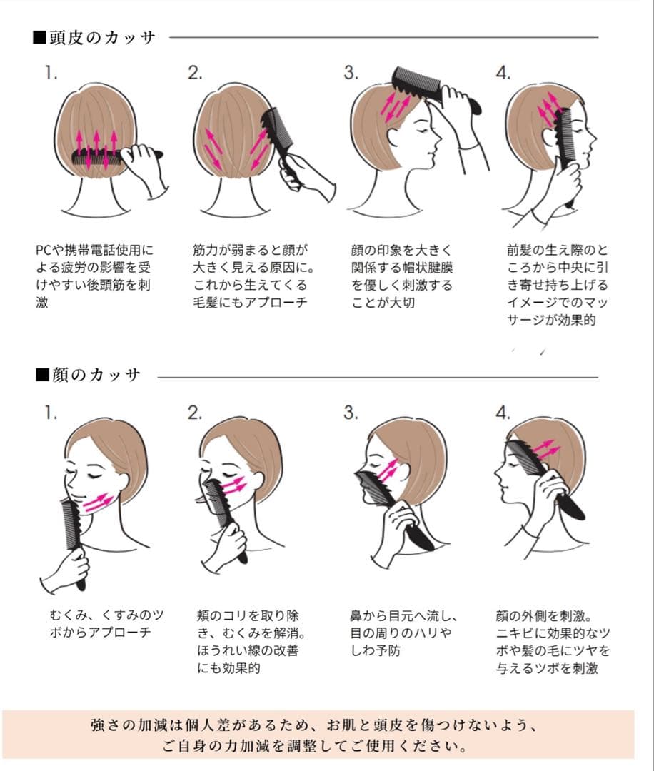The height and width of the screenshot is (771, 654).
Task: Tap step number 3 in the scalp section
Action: pyautogui.click(x=351, y=73)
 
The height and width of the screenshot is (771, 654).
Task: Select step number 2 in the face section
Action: pyautogui.click(x=195, y=413)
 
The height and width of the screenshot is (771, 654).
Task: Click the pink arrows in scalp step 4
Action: pyautogui.click(x=549, y=109)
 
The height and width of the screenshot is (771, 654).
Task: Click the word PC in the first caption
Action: pyautogui.click(x=44, y=250)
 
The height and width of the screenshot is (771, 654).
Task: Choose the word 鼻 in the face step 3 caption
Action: pyautogui.click(x=356, y=615)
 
